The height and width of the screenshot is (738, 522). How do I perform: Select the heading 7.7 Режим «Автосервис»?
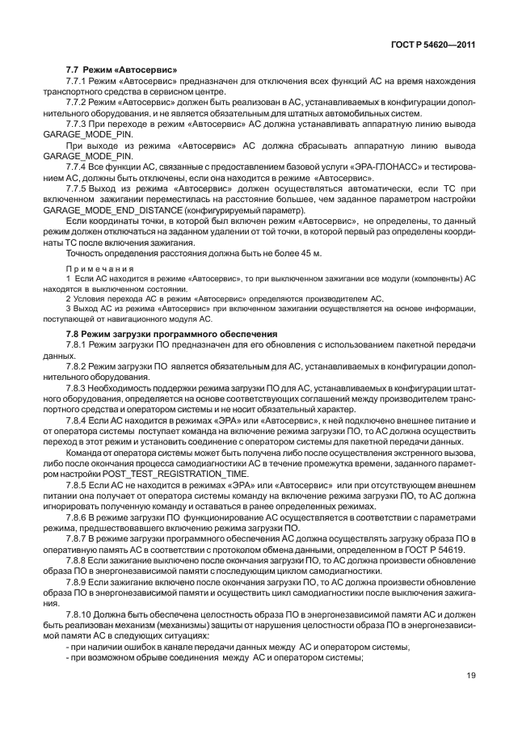click(x=120, y=70)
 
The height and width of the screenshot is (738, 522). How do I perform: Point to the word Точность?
click(x=85, y=254)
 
